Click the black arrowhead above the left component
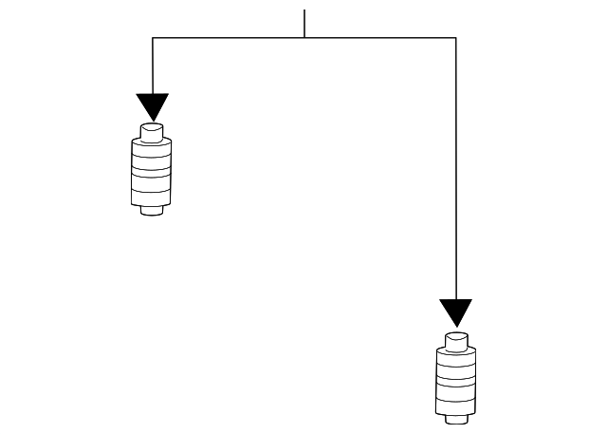point(152,105)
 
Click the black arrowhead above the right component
point(455,311)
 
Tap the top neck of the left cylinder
point(152,131)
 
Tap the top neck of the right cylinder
point(455,339)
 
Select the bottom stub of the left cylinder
point(152,210)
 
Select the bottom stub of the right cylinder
point(455,417)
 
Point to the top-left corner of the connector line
point(153,38)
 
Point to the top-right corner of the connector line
point(455,38)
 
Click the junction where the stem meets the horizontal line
point(304,38)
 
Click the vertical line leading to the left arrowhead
point(153,66)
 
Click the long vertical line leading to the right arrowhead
point(455,171)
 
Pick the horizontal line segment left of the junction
point(228,38)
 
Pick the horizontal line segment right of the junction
point(379,38)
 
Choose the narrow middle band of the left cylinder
point(152,172)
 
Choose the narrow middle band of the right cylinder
point(455,379)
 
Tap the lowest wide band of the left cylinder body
point(152,196)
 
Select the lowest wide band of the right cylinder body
point(455,403)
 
